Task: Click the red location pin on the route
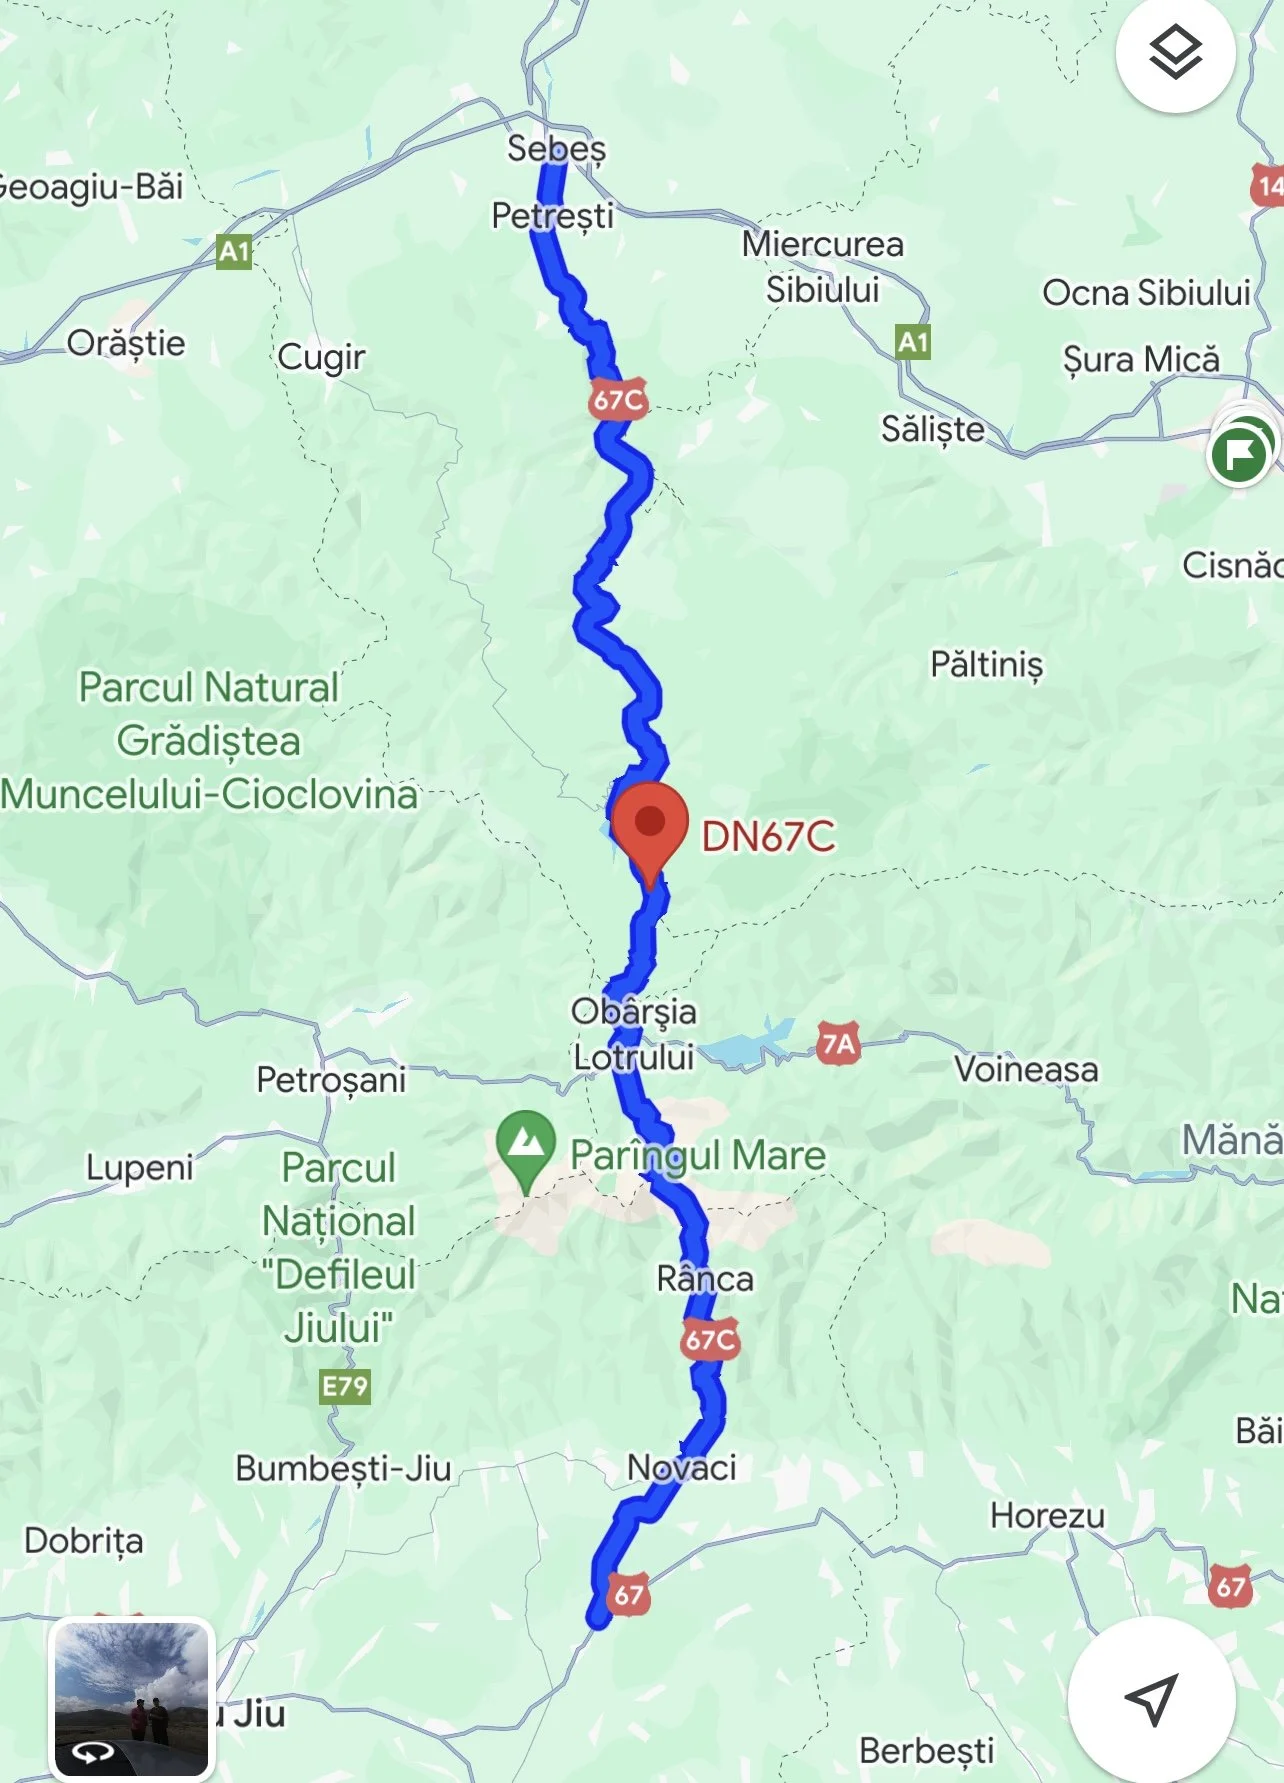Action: pyautogui.click(x=650, y=825)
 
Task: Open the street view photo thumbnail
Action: pyautogui.click(x=132, y=1697)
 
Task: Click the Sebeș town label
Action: pyautogui.click(x=556, y=149)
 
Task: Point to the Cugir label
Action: pyautogui.click(x=321, y=357)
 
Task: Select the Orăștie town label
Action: pyautogui.click(x=126, y=344)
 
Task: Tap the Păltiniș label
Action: pyautogui.click(x=986, y=665)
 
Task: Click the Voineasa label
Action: pyautogui.click(x=1026, y=1070)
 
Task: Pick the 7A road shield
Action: pyautogui.click(x=838, y=1045)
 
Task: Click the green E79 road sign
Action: pyautogui.click(x=345, y=1386)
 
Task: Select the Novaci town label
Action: pyautogui.click(x=681, y=1468)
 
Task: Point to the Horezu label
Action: pyautogui.click(x=1047, y=1516)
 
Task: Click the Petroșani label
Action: pyautogui.click(x=331, y=1080)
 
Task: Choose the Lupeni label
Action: pyautogui.click(x=139, y=1168)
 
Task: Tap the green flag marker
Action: pyautogui.click(x=1240, y=453)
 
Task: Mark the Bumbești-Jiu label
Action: pyautogui.click(x=343, y=1469)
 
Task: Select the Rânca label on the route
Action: pyautogui.click(x=705, y=1279)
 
